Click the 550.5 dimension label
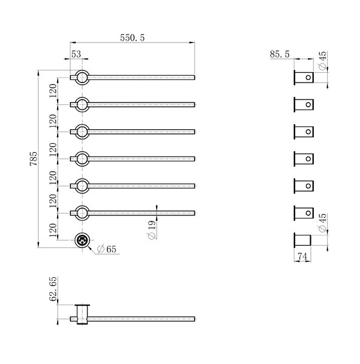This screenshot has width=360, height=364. (132, 38)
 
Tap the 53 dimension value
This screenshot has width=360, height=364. (76, 54)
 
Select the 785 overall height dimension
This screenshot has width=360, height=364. (33, 158)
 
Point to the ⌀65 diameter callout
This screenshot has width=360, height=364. (107, 249)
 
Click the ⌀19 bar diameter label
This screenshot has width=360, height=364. (152, 230)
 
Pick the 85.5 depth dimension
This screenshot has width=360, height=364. (280, 55)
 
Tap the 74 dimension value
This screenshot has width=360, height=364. (302, 257)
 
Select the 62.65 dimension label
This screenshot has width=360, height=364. (53, 289)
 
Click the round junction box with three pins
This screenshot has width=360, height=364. (82, 240)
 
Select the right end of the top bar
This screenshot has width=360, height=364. (194, 77)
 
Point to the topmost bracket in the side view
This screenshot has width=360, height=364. (304, 77)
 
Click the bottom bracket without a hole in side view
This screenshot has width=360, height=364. (302, 240)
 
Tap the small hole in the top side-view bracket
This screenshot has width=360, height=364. (308, 77)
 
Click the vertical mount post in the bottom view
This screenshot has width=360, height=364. (82, 314)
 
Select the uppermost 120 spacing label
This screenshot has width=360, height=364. (53, 91)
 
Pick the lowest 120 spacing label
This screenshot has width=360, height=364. (53, 231)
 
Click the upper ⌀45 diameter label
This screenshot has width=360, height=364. (322, 60)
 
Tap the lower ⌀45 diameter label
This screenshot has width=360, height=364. (322, 223)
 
